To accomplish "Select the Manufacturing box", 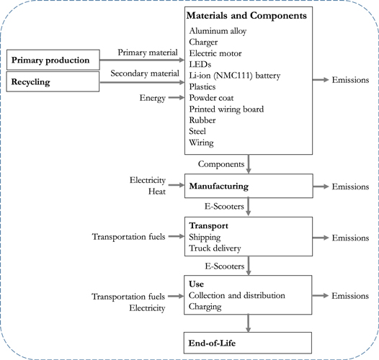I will pos(247,186).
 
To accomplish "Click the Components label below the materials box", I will pos(220,163).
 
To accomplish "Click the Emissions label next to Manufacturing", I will pos(351,186).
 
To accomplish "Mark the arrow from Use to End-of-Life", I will pos(247,323).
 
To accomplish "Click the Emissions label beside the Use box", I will pos(351,296).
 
